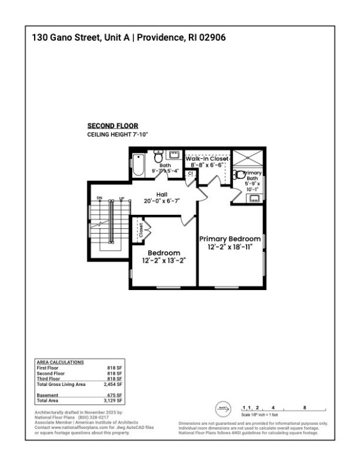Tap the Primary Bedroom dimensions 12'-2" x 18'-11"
point(230,247)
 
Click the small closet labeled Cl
point(189,174)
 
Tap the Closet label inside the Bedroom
point(141,231)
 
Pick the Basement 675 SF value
point(115,395)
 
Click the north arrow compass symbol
point(222,408)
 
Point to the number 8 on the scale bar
point(304,407)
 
